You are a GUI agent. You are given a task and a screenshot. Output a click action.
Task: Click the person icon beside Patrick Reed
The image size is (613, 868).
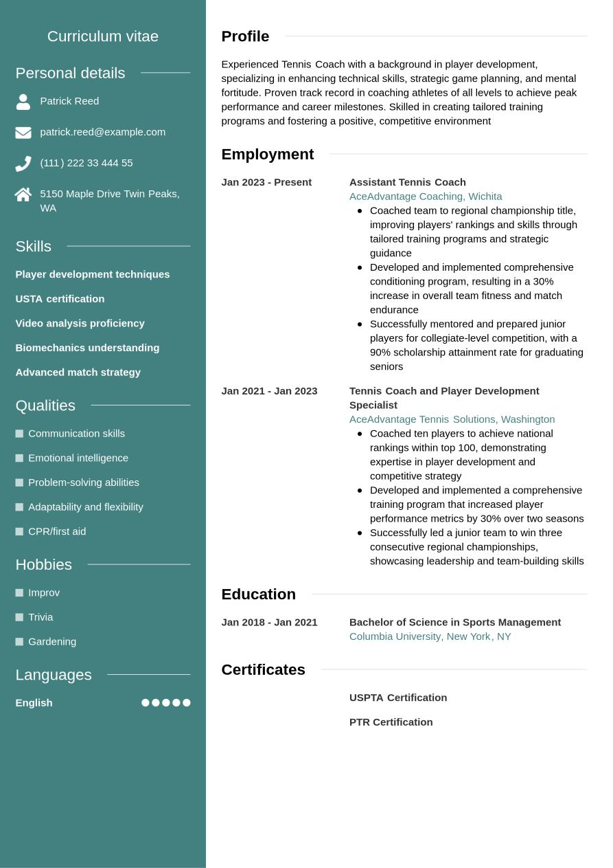[x=23, y=102]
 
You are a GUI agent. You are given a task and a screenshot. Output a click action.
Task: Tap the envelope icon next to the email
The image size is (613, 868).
[x=23, y=133]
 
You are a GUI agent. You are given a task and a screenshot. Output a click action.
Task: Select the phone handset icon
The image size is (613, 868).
[x=23, y=164]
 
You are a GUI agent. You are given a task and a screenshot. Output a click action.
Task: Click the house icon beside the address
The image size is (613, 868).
[x=23, y=194]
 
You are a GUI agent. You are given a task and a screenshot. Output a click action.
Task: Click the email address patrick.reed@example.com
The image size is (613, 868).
[x=102, y=132]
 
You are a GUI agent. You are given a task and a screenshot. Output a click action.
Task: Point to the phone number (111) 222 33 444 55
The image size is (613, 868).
[x=86, y=163]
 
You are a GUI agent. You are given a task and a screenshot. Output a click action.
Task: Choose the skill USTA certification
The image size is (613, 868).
[x=60, y=299]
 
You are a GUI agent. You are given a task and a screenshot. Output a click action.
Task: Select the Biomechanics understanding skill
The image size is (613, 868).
[x=87, y=348]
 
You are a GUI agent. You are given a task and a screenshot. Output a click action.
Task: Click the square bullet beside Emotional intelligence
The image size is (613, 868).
[x=19, y=458]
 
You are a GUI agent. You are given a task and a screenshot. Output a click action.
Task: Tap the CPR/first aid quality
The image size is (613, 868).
[x=57, y=531]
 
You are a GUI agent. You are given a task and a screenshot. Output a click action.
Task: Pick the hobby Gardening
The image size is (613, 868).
[x=52, y=642]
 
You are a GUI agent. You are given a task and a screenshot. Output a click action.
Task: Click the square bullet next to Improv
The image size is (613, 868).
[x=19, y=593]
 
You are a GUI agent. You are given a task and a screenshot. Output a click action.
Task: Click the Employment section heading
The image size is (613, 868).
[x=267, y=154]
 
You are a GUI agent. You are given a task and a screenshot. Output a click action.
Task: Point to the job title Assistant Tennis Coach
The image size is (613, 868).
[x=407, y=182]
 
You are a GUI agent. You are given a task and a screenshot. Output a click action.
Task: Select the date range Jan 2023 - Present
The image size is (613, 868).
[x=266, y=182]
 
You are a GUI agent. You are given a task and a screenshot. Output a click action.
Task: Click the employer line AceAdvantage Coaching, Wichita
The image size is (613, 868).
[x=426, y=197]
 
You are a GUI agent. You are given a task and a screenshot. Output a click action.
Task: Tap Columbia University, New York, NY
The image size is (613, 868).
[x=430, y=636]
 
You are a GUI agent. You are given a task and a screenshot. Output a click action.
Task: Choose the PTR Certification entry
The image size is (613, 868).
[x=391, y=722]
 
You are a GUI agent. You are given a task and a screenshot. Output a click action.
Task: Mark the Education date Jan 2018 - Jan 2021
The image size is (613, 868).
[x=269, y=622]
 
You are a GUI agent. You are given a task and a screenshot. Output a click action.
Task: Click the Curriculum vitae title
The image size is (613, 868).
[x=103, y=36]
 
